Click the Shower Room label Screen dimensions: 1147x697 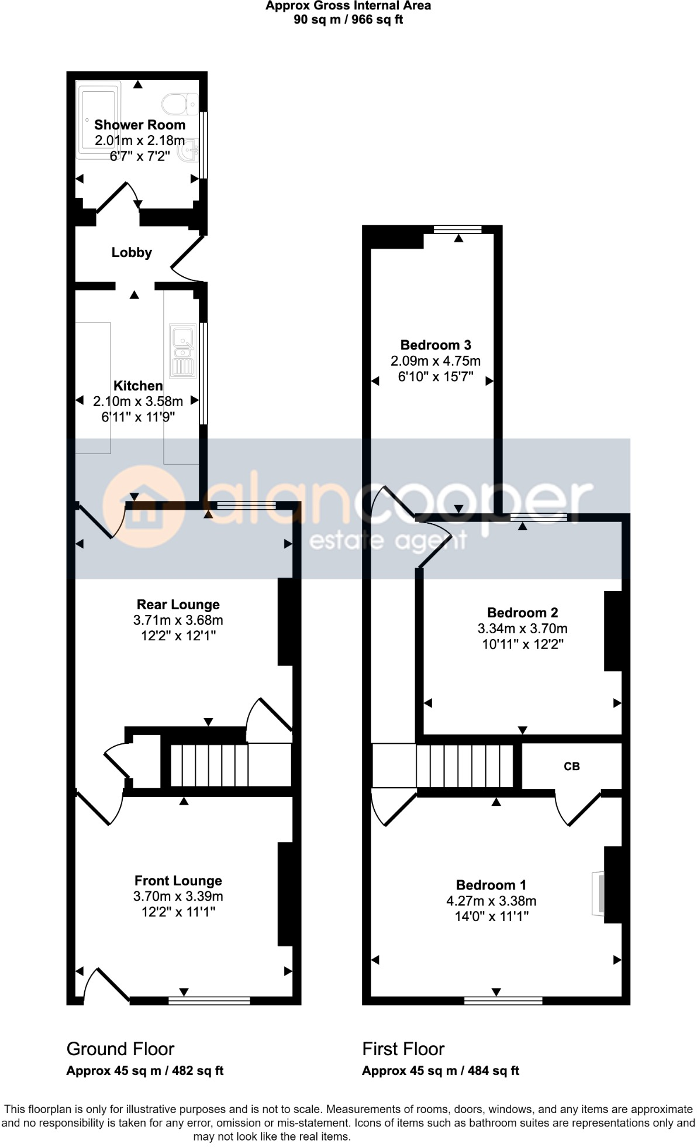point(140,125)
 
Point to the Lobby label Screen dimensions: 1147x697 point(132,252)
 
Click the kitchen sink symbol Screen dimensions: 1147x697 point(182,352)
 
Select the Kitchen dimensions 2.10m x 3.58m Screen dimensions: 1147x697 point(138,401)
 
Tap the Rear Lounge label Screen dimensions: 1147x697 point(178,605)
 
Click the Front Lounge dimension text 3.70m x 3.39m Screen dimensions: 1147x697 point(178,897)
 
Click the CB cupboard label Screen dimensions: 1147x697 point(571,767)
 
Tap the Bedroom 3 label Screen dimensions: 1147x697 point(436,345)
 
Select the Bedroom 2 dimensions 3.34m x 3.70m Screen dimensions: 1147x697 point(522,629)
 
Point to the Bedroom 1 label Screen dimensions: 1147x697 point(491,885)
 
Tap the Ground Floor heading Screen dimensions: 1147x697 point(120,1049)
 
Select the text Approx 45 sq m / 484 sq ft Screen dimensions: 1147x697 point(440,1071)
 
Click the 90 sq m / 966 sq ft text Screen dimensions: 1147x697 point(348,20)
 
